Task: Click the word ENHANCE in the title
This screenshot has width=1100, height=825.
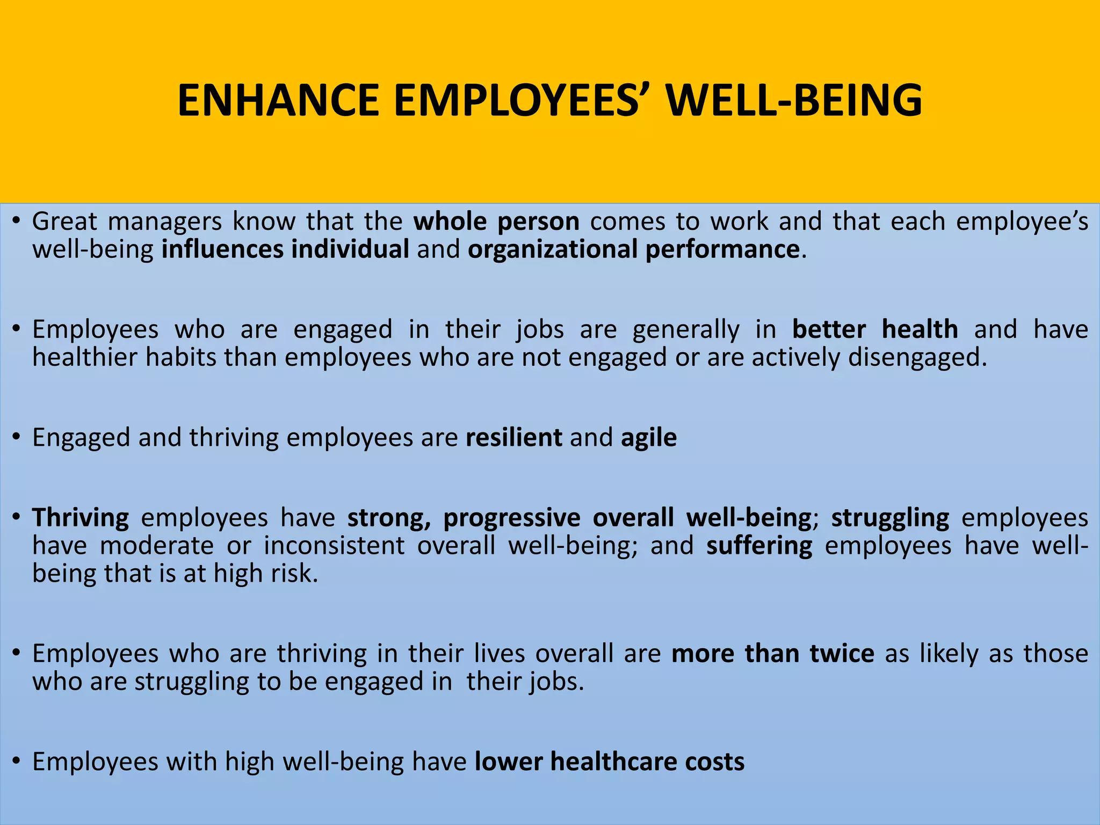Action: point(278,100)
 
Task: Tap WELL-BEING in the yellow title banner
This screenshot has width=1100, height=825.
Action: point(794,100)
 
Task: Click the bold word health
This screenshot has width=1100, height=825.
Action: point(920,329)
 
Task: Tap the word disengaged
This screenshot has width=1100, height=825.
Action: point(916,357)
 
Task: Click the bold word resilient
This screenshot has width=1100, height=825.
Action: point(513,438)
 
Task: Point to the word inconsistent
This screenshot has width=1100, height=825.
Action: point(334,546)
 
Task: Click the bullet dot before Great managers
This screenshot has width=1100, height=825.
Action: point(17,222)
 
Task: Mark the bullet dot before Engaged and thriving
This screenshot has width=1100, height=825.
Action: point(17,438)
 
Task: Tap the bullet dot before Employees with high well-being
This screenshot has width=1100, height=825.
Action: point(17,762)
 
